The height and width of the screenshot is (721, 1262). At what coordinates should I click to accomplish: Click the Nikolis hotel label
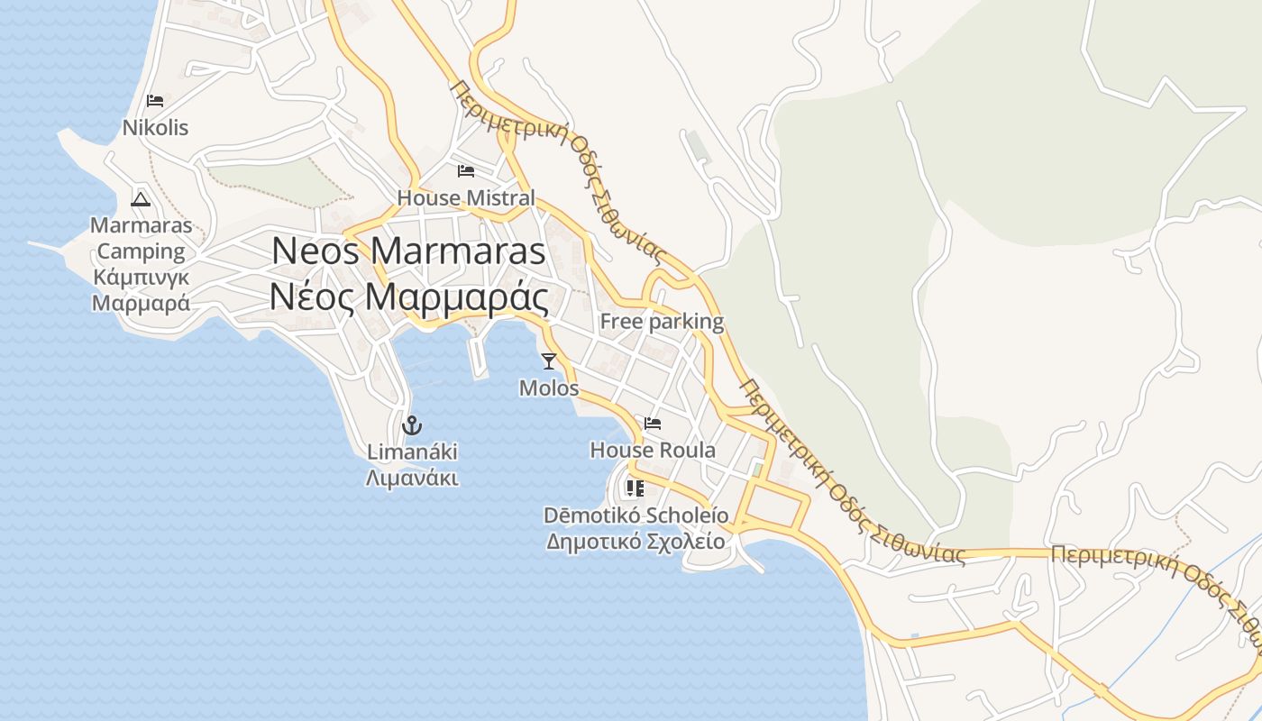(x=156, y=128)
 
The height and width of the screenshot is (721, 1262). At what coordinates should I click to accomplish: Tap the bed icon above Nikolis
(x=155, y=100)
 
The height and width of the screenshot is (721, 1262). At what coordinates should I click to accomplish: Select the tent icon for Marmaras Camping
(x=140, y=198)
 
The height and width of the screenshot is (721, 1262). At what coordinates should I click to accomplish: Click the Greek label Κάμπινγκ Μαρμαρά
(x=141, y=290)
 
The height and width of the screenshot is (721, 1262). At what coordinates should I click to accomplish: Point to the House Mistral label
(x=466, y=198)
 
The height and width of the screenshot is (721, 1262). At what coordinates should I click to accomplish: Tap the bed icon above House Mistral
(x=465, y=170)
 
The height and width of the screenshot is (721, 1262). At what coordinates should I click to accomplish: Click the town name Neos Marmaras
(x=408, y=251)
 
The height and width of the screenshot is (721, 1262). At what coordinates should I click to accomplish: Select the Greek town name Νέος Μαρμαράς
(x=408, y=297)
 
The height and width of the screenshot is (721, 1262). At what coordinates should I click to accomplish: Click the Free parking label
(x=662, y=322)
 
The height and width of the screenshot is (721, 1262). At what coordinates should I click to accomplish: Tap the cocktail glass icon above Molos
(x=548, y=361)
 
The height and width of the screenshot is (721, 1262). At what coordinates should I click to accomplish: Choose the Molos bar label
(x=549, y=388)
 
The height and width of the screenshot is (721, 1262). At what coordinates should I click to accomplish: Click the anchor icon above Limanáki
(x=412, y=424)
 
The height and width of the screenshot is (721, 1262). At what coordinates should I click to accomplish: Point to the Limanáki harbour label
(x=412, y=452)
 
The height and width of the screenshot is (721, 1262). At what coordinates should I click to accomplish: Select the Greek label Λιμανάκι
(x=412, y=478)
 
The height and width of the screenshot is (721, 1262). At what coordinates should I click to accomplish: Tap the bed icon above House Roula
(x=653, y=423)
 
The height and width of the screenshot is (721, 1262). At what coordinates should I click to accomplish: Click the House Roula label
(x=653, y=450)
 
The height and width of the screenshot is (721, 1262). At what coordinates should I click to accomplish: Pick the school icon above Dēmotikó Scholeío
(x=635, y=488)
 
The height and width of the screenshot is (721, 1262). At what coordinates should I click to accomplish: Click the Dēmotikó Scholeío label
(x=636, y=516)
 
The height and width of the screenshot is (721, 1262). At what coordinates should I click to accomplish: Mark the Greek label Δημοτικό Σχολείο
(x=636, y=542)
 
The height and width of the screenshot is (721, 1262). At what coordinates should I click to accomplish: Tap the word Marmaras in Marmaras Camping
(x=141, y=225)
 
